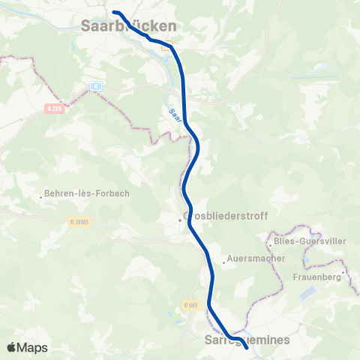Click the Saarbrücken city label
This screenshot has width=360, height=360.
point(128,25)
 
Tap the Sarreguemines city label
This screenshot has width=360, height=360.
point(247,340)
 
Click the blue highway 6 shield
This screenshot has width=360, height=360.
point(96,86)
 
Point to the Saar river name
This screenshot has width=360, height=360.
point(175,115)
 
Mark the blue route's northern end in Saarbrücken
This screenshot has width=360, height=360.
point(114,12)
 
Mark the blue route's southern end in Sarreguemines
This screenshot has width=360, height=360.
point(247,347)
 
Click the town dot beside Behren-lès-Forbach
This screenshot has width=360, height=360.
point(41,197)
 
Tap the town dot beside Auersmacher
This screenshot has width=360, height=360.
point(223,262)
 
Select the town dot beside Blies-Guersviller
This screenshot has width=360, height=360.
point(270,244)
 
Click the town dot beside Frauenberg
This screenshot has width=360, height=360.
point(343,272)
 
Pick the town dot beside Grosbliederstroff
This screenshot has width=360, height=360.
point(180,220)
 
